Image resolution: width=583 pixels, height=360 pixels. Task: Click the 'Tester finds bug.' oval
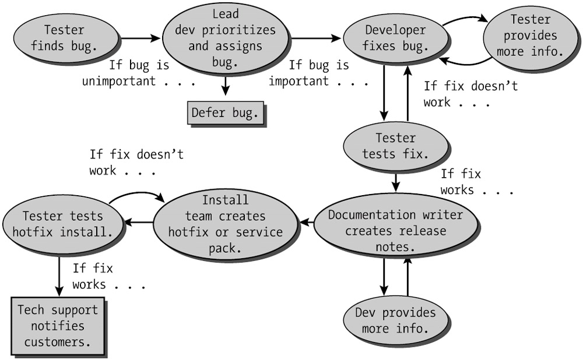pos(64,38)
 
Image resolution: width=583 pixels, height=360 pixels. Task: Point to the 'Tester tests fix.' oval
pos(396,146)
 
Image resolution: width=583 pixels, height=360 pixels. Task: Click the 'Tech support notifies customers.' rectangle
pos(58,325)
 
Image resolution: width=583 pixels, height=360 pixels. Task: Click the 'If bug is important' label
pos(318,73)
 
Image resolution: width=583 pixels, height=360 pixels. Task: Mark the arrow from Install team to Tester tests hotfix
pos(140,222)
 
